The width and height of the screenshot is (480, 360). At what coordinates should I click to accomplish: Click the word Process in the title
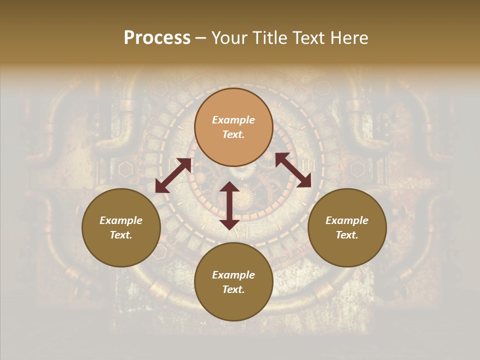tap(157, 38)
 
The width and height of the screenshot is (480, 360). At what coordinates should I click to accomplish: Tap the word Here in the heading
tap(348, 38)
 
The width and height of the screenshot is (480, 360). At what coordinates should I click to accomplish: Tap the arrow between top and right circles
tap(293, 170)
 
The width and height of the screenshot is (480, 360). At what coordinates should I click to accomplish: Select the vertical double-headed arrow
tap(229, 205)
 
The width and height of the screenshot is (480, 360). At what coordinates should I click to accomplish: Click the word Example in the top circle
tap(233, 120)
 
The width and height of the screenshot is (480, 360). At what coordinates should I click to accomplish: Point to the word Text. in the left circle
tap(121, 235)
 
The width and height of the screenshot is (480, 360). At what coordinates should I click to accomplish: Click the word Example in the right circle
tap(347, 220)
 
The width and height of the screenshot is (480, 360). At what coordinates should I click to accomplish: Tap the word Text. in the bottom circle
tap(233, 289)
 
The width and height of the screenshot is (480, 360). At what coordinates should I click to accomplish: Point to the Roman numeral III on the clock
tap(308, 165)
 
